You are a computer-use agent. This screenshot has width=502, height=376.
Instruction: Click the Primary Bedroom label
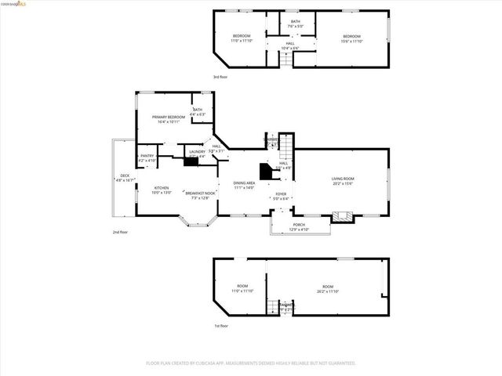170,117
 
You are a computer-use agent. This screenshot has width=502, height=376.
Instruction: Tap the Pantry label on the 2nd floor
147,156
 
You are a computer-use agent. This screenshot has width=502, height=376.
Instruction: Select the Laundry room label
197,152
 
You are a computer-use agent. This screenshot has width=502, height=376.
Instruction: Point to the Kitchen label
162,188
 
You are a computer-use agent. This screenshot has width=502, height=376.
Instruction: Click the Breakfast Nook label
201,193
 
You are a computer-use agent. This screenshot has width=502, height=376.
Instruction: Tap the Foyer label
281,193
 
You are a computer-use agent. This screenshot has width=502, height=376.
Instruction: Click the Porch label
300,226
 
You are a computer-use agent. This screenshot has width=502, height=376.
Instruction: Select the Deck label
125,175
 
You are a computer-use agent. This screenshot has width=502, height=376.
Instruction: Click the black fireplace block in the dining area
265,170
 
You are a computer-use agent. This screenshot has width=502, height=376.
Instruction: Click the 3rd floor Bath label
295,21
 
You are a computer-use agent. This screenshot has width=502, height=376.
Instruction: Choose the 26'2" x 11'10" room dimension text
328,291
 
